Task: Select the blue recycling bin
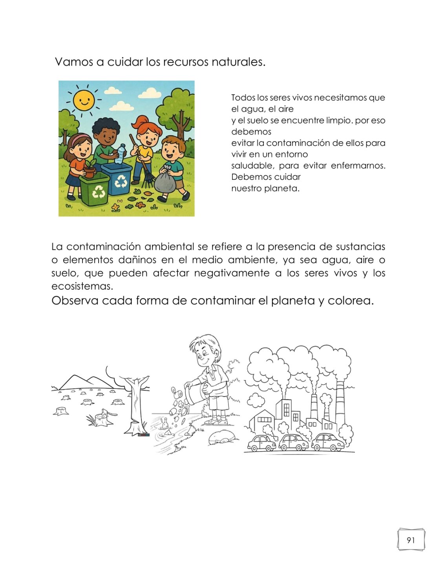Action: (117, 178)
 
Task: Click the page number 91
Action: (411, 540)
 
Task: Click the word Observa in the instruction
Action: (75, 301)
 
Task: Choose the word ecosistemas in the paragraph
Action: (82, 286)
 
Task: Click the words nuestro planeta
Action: (265, 188)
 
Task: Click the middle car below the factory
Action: (294, 443)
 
